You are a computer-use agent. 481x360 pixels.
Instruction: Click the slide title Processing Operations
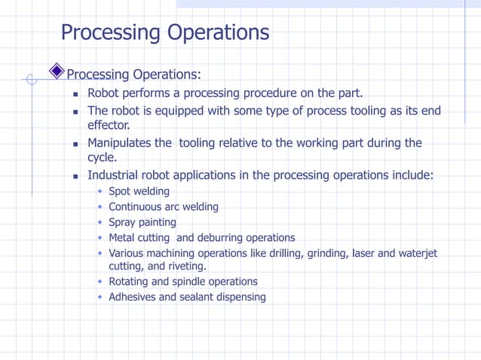pyautogui.click(x=164, y=33)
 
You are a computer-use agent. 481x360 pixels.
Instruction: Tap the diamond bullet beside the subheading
pyautogui.click(x=57, y=72)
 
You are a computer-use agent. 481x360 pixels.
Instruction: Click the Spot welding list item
pyautogui.click(x=139, y=191)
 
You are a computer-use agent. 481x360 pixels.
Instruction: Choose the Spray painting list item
pyautogui.click(x=142, y=223)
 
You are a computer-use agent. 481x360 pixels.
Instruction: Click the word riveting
pyautogui.click(x=185, y=267)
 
